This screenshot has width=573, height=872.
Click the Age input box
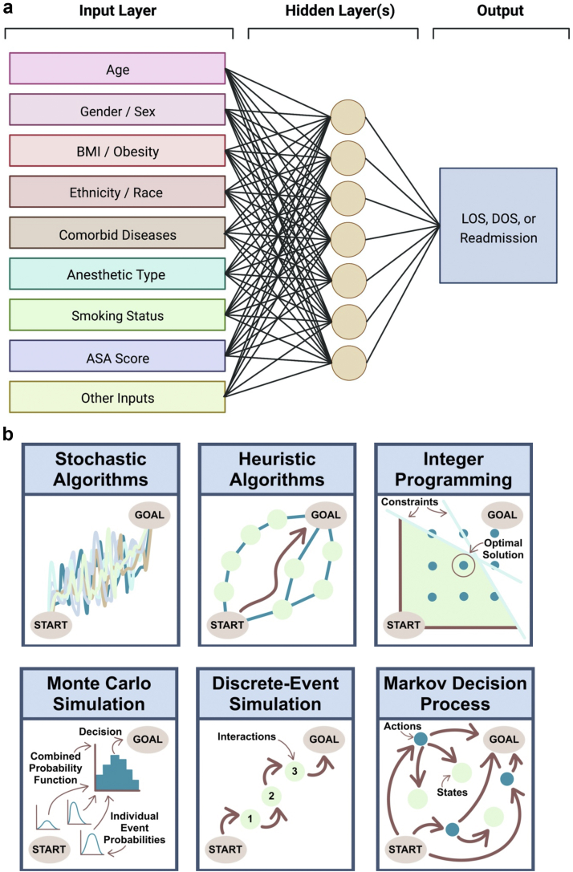pos(117,70)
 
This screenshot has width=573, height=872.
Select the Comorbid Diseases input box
pos(117,234)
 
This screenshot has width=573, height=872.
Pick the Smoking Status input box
pos(117,315)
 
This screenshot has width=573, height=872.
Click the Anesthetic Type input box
pos(117,274)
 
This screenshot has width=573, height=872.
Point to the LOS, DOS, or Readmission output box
pos(498,226)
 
